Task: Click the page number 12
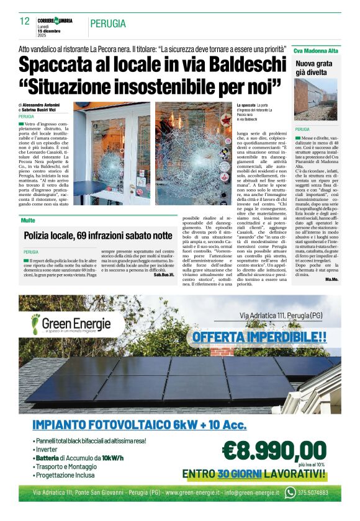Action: [25, 21]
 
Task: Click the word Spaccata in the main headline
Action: [55, 65]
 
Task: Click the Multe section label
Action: [27, 220]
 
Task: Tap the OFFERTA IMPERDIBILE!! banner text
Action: [259, 337]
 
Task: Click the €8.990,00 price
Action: [274, 449]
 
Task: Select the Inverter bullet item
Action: [48, 449]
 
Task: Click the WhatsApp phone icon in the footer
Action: [290, 492]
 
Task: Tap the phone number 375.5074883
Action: [312, 493]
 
